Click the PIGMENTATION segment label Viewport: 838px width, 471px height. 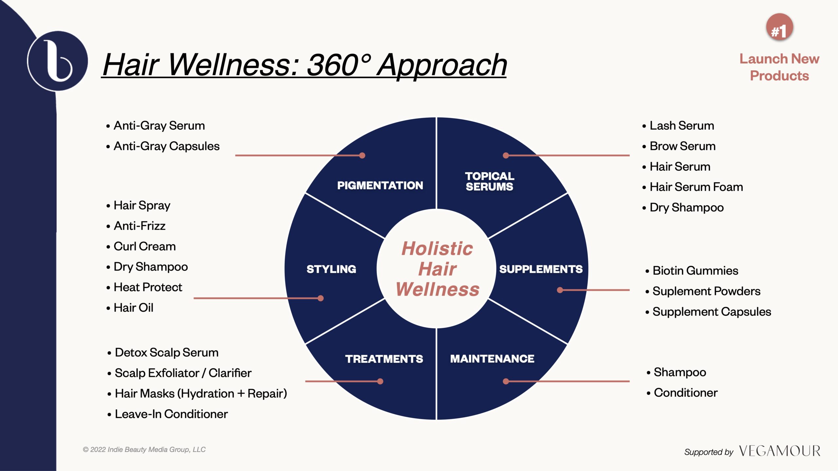[380, 185]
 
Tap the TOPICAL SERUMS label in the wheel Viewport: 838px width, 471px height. [490, 181]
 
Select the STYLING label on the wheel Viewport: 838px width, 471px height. [331, 269]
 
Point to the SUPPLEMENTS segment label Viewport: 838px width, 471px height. [541, 269]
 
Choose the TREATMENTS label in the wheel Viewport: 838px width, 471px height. [384, 359]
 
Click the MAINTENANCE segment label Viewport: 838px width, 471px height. [492, 358]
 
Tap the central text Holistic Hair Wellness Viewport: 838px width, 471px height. [437, 269]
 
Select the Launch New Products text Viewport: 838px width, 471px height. [779, 67]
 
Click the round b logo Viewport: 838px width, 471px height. [58, 61]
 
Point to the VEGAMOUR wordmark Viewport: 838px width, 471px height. [779, 451]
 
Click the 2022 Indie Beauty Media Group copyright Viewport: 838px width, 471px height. [144, 450]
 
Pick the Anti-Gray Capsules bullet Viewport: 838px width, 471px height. [163, 146]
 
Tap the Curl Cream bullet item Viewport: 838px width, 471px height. [141, 246]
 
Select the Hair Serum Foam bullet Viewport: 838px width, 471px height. [692, 187]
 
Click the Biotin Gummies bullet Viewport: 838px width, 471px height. [692, 271]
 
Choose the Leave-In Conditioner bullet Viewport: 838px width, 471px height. [167, 414]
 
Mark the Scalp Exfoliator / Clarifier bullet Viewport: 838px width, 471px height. [179, 373]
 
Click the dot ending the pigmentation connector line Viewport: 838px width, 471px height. [362, 155]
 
